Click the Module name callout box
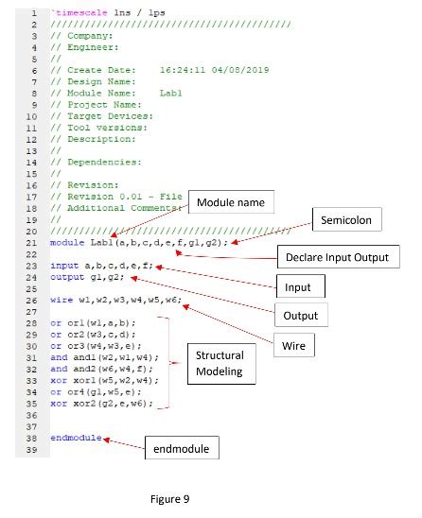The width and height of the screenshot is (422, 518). tap(231, 202)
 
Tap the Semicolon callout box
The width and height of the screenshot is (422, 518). tap(347, 219)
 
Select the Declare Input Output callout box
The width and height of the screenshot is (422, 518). tap(338, 257)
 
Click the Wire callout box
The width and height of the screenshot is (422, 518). tap(294, 345)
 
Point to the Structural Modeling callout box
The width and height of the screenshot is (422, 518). tap(221, 364)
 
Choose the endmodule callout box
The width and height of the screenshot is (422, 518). tap(182, 448)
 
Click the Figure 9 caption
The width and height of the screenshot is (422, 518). tap(169, 499)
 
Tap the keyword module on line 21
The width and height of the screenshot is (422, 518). tap(67, 243)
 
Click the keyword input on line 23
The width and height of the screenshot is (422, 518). tap(64, 266)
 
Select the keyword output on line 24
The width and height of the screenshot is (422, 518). tap(67, 277)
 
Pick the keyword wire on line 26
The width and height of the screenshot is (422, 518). tap(62, 300)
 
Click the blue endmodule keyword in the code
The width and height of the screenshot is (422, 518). tap(76, 438)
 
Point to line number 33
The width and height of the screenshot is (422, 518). tap(31, 381)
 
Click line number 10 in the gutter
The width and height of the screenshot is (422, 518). tap(31, 116)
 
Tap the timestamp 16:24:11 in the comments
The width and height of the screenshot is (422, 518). tap(183, 70)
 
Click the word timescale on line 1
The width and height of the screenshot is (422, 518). tap(81, 13)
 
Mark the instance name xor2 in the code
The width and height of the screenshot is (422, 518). tap(84, 404)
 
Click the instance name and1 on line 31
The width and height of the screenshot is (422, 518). tap(84, 357)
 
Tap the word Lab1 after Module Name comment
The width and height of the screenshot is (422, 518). tap(171, 94)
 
